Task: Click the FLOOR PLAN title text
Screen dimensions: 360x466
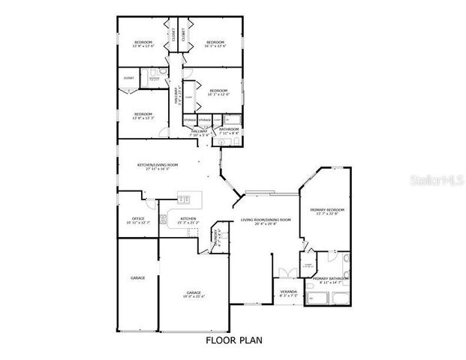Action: point(233,340)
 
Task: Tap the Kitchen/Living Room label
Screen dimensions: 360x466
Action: point(157,166)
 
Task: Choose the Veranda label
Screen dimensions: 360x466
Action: point(288,292)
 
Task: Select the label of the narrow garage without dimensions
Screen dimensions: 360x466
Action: point(137,278)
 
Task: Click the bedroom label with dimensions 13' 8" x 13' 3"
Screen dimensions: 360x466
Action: point(143,116)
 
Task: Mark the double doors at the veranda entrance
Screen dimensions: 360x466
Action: point(283,271)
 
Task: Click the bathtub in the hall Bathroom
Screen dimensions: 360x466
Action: point(232,119)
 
